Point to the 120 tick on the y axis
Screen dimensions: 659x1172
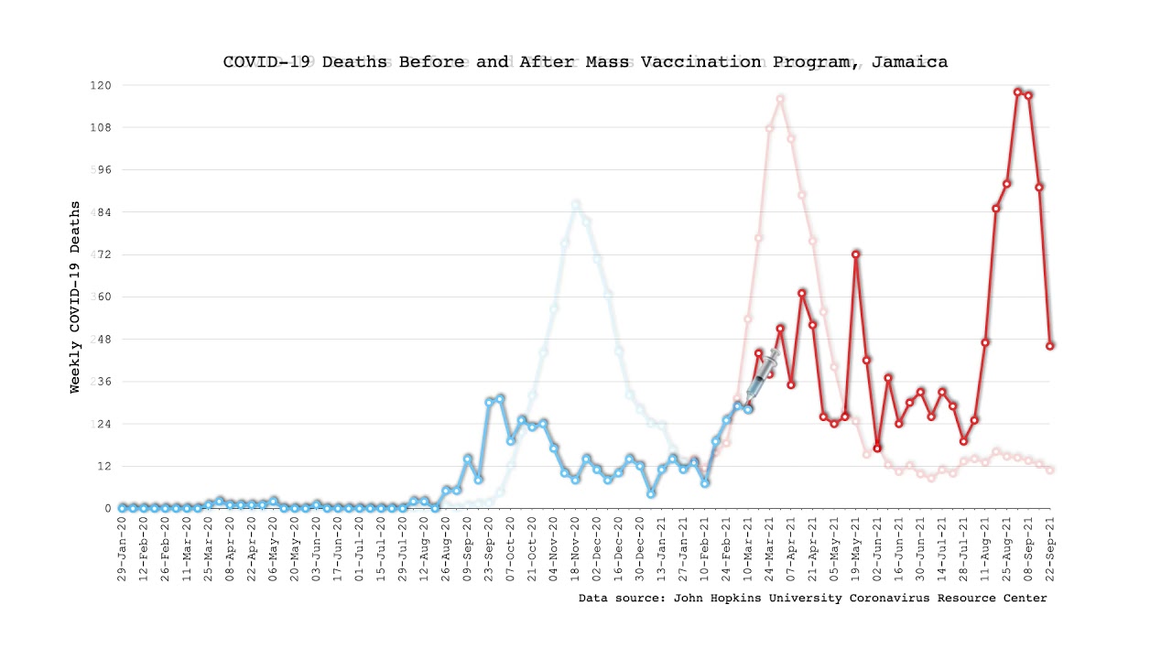(99, 85)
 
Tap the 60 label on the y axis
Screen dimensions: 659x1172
(103, 297)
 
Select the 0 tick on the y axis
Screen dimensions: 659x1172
(107, 509)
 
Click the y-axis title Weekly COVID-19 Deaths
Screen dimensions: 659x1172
(75, 297)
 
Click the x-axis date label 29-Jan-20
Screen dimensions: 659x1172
(123, 547)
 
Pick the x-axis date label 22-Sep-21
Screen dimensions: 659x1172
(1050, 547)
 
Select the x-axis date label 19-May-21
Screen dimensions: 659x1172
(856, 547)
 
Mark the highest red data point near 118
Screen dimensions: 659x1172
(1017, 92)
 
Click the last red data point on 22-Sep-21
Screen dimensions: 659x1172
(1050, 346)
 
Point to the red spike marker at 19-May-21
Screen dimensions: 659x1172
(856, 254)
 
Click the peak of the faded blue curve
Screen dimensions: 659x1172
(576, 204)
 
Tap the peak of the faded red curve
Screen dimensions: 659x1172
(780, 99)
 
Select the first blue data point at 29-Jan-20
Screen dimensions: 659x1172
(123, 508)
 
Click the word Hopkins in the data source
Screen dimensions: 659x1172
(750, 599)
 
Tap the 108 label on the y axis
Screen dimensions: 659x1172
(99, 128)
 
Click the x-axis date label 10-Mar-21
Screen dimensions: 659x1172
(748, 547)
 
